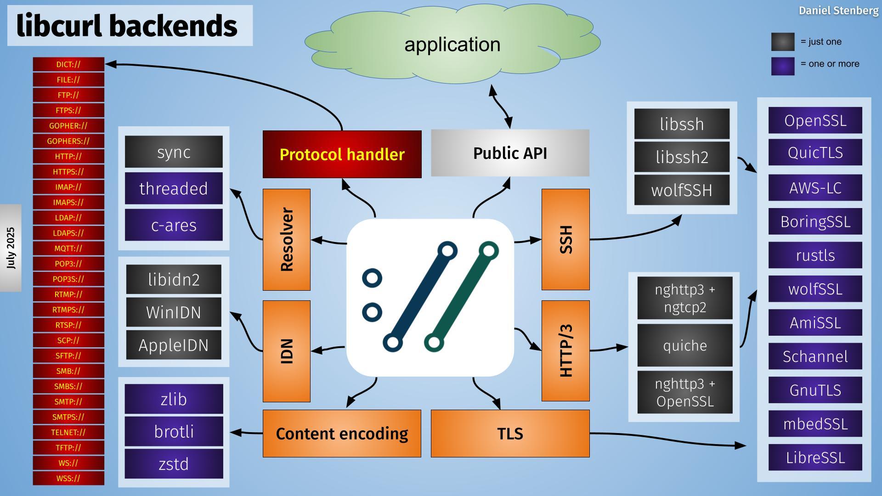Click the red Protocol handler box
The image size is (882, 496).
342,154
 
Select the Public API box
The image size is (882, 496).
510,153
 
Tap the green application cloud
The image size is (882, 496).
452,45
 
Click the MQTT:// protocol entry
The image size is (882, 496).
68,248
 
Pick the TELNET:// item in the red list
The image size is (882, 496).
68,432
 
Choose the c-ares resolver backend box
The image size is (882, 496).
174,225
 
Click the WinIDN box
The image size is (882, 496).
174,312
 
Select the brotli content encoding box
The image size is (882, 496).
174,432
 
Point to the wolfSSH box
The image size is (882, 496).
682,190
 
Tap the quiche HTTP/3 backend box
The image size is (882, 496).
684,345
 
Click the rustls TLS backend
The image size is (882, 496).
815,255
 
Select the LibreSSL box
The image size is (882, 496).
815,457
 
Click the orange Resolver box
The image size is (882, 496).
286,239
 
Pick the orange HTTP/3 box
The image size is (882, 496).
565,351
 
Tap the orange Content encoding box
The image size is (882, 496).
342,434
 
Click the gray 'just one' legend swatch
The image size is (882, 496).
783,42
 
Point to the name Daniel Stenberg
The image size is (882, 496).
838,11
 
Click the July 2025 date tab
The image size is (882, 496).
11,248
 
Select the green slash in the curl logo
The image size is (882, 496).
461,297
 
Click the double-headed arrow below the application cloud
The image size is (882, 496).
501,107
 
